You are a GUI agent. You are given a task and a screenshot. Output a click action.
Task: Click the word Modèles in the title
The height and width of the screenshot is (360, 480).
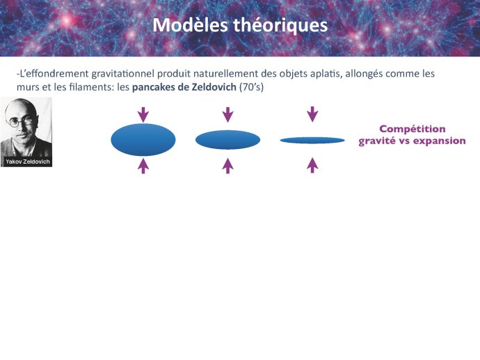190,24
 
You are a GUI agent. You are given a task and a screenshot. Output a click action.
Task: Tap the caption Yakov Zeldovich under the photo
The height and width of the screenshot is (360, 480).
28,162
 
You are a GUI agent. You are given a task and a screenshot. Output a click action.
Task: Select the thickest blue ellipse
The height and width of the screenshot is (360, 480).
143,140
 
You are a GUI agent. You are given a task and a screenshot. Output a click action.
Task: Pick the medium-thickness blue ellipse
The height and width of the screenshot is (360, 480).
227,140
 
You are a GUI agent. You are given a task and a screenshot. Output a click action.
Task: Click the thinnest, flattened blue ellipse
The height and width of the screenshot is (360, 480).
312,141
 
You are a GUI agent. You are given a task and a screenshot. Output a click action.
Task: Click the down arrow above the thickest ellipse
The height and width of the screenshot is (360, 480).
143,115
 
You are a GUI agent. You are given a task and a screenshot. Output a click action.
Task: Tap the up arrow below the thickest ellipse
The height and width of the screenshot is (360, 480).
143,166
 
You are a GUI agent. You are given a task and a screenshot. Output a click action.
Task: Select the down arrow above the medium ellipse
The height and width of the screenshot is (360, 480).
227,115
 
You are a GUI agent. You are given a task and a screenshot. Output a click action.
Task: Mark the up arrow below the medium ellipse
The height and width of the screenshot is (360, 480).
227,166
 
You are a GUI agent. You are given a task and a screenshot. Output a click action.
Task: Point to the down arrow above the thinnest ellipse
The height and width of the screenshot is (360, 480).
312,114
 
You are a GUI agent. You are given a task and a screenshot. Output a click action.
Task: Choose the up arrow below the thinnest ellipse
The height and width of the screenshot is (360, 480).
312,166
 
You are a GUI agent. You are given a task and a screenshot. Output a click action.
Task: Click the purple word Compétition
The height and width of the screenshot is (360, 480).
413,129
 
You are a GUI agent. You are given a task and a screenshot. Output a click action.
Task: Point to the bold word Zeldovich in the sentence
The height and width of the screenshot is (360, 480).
214,87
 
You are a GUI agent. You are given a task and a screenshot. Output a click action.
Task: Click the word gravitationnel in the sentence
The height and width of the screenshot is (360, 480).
123,74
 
